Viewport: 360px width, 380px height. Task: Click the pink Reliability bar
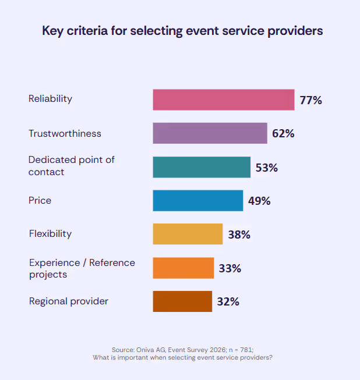(x=223, y=100)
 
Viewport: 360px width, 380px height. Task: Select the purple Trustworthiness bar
(x=210, y=133)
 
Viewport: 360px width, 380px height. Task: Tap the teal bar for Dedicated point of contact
(x=202, y=167)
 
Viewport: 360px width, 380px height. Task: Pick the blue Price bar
(x=197, y=201)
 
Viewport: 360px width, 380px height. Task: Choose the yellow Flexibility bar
(x=188, y=234)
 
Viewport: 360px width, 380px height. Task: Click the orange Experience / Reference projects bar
(x=183, y=268)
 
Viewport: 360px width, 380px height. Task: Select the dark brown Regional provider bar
(x=182, y=301)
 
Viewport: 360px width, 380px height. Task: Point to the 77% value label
(x=310, y=100)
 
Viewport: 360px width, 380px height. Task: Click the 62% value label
(x=283, y=133)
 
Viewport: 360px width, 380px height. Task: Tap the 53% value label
(x=266, y=168)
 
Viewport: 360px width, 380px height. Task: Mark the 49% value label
(x=259, y=201)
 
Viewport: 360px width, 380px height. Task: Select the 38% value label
(x=239, y=235)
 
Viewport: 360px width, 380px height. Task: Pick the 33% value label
(x=230, y=268)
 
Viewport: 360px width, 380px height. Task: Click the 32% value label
(x=228, y=301)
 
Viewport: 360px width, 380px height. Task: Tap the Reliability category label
(x=51, y=99)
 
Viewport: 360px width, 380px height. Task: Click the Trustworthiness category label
(x=65, y=133)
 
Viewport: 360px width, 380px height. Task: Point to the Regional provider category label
(x=68, y=301)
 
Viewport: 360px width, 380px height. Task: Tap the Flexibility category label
(x=50, y=234)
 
